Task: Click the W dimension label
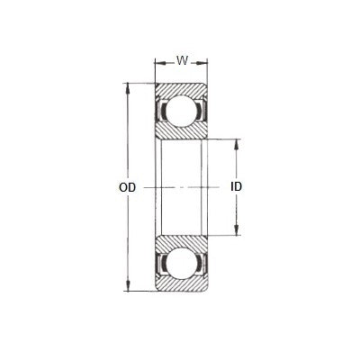point(181,61)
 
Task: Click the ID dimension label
point(237,188)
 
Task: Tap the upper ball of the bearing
point(181,112)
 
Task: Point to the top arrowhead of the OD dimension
point(127,87)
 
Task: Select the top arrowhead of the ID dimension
point(237,143)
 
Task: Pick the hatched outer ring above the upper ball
point(181,90)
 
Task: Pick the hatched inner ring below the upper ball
point(181,133)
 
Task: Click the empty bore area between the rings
point(181,188)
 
